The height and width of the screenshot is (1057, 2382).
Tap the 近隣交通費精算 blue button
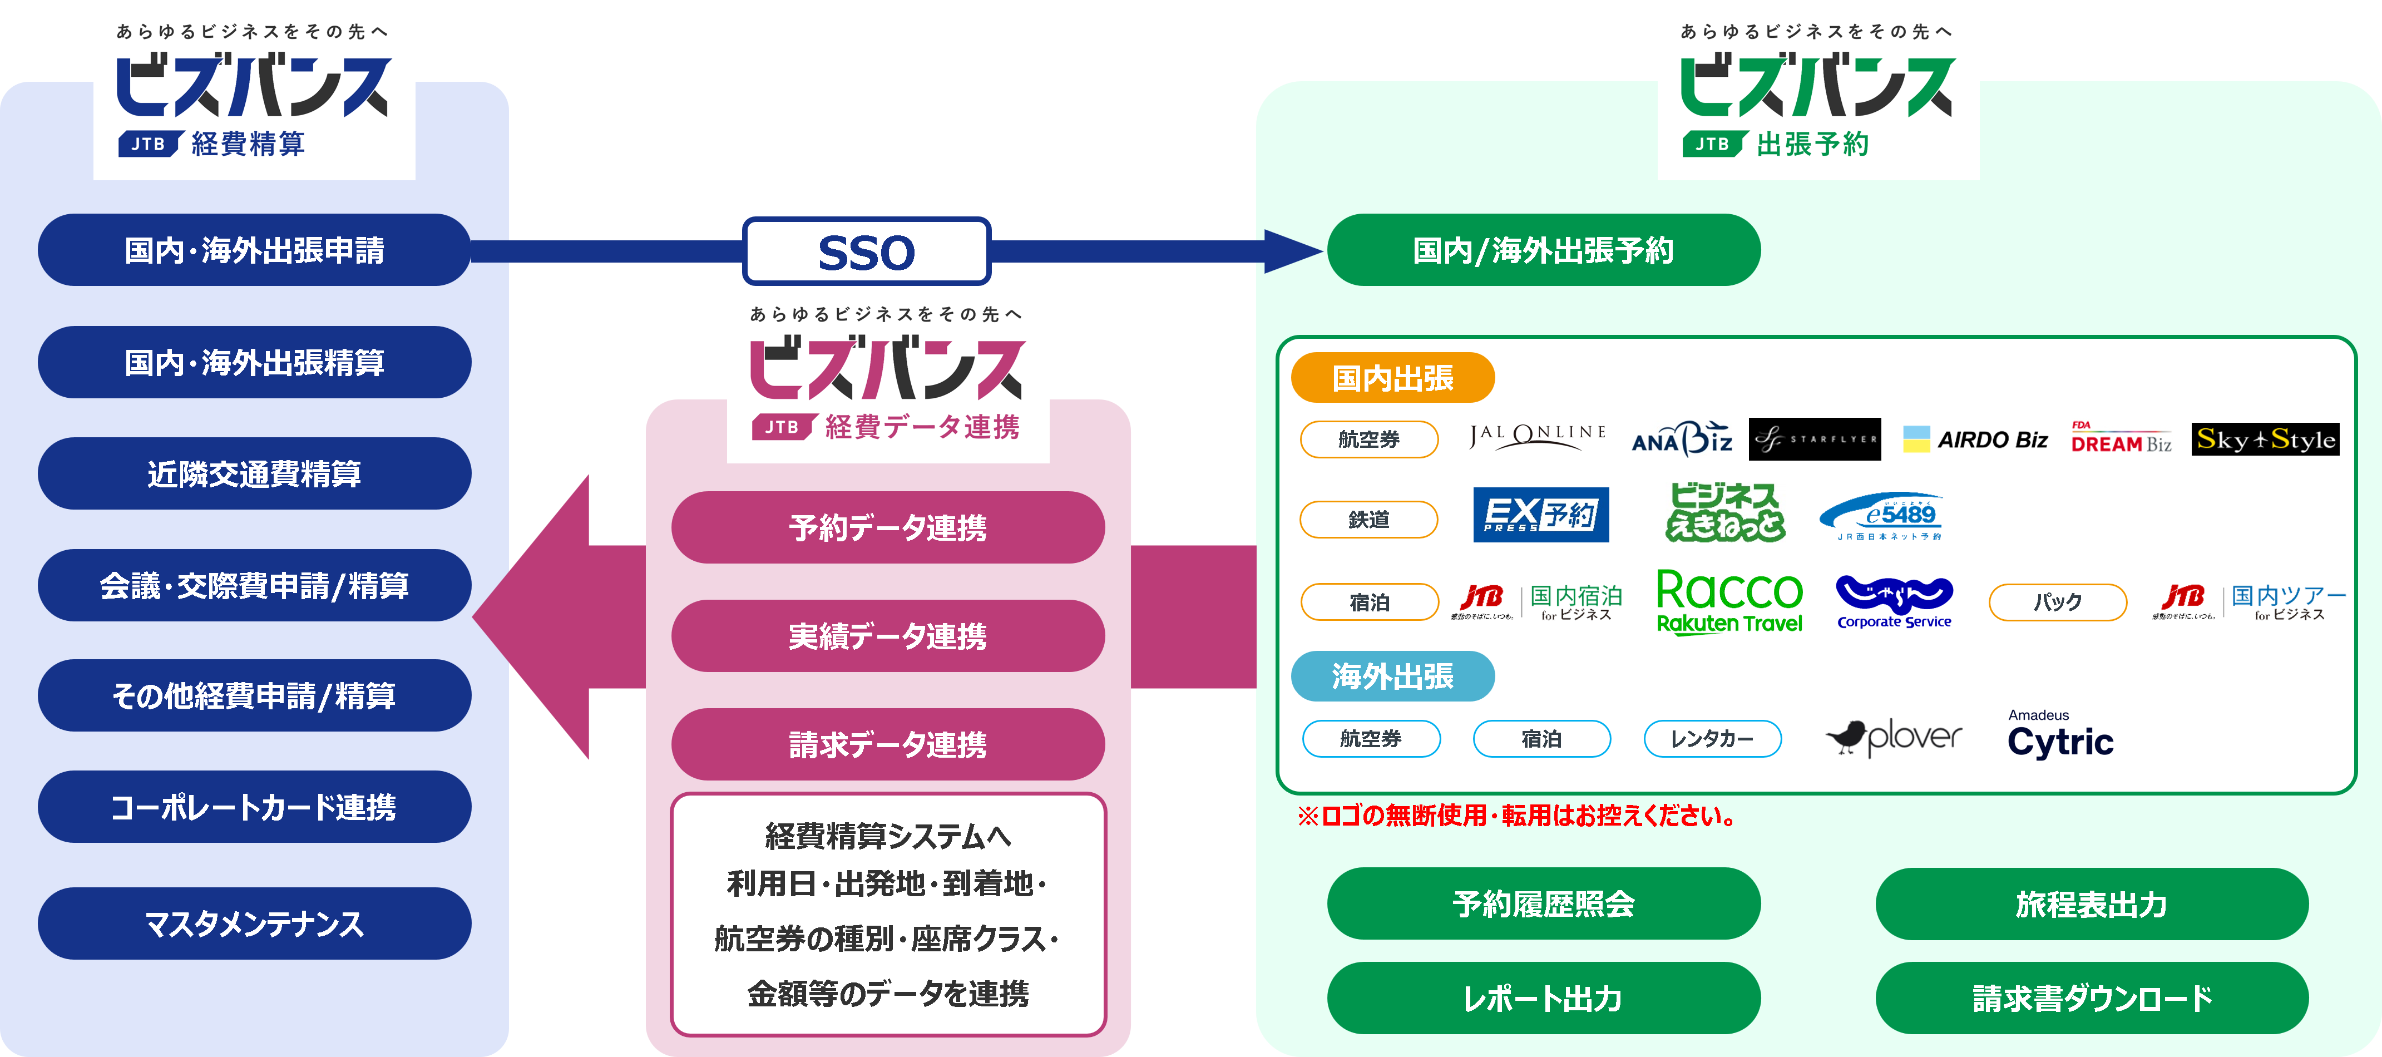click(254, 473)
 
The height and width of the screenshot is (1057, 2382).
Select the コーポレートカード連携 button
click(254, 807)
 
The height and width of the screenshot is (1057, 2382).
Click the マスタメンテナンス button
click(254, 923)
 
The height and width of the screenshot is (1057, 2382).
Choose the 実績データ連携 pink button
click(888, 635)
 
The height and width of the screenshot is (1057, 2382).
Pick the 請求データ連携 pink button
click(888, 744)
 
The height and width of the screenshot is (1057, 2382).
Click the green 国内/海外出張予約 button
click(1543, 250)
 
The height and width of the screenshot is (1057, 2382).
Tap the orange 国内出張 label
click(1392, 377)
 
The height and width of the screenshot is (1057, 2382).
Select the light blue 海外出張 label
click(1392, 676)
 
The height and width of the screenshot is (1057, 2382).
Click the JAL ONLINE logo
click(1538, 437)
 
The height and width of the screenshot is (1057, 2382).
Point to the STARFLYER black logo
click(1814, 439)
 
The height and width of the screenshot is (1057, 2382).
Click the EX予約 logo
click(1540, 514)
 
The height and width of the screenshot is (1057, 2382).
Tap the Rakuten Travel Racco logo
click(1729, 601)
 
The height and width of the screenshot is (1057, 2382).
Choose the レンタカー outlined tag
click(1712, 739)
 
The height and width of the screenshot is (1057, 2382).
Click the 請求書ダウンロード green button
click(2092, 998)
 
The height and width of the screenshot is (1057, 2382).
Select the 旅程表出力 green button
click(2092, 903)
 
